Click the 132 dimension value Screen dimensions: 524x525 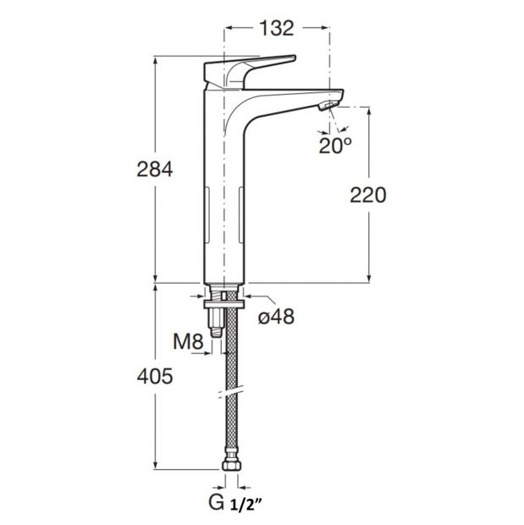pyautogui.click(x=277, y=28)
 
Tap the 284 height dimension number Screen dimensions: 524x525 pyautogui.click(x=155, y=169)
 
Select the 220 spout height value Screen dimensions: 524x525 pyautogui.click(x=368, y=196)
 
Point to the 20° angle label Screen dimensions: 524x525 pyautogui.click(x=335, y=146)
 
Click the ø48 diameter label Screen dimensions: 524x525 pyautogui.click(x=276, y=317)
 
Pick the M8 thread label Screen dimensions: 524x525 pyautogui.click(x=189, y=342)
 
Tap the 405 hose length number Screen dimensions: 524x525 pyautogui.click(x=155, y=376)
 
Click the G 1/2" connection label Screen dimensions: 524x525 pyautogui.click(x=234, y=502)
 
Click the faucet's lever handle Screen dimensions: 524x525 pyautogui.click(x=250, y=71)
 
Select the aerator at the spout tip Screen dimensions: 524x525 pyautogui.click(x=328, y=106)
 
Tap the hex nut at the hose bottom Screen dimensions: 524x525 pyautogui.click(x=231, y=465)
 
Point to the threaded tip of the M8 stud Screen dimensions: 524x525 pyautogui.click(x=217, y=333)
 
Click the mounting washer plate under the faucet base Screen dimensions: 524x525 pyautogui.click(x=224, y=304)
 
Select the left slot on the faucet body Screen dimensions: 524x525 pyautogui.click(x=207, y=214)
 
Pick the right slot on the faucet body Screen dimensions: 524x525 pyautogui.click(x=240, y=214)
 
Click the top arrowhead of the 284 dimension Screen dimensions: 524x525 pyautogui.click(x=155, y=61)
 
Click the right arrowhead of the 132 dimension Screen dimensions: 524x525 pyautogui.click(x=324, y=28)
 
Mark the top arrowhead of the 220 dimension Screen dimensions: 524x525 pyautogui.click(x=369, y=112)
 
